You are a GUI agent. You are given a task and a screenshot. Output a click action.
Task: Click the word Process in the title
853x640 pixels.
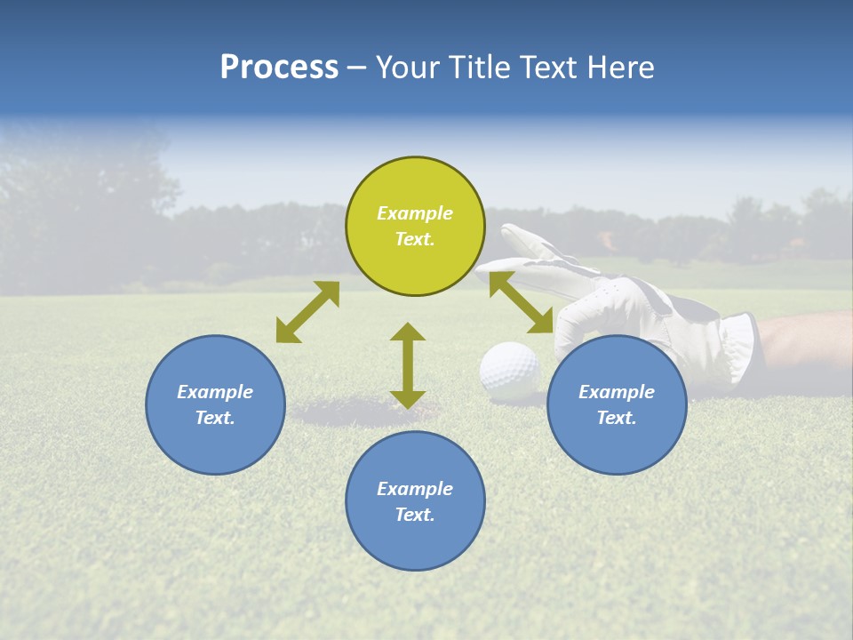click(279, 68)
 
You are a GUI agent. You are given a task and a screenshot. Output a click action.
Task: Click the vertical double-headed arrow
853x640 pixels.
click(408, 365)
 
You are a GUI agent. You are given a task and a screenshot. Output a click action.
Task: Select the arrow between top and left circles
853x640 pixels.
click(307, 312)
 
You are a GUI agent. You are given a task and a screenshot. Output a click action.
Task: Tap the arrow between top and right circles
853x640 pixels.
click(522, 302)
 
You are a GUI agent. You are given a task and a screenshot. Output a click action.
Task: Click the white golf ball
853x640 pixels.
click(509, 367)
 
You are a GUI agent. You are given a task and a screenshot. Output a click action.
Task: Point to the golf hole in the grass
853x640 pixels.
click(355, 412)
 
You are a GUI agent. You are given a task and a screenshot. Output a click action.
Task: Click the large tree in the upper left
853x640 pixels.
click(80, 196)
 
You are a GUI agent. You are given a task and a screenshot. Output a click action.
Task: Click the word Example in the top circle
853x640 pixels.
click(415, 213)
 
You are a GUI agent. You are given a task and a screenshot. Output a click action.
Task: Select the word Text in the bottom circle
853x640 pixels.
click(413, 515)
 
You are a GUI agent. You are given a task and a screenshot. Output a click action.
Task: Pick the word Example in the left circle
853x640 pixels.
click(215, 392)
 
